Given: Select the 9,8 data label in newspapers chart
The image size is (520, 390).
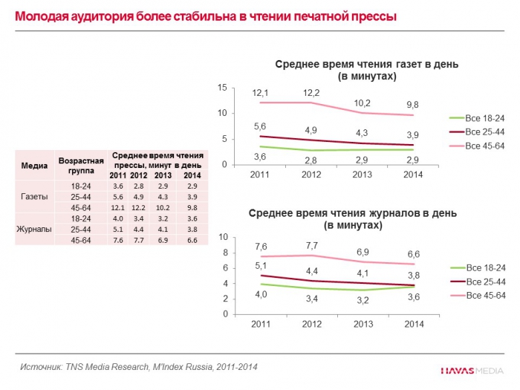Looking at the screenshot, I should pyautogui.click(x=413, y=105).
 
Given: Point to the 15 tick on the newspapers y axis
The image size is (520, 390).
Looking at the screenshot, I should pyautogui.click(x=221, y=88).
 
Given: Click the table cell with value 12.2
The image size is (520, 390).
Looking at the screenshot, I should pyautogui.click(x=138, y=207).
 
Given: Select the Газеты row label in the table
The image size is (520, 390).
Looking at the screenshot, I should pyautogui.click(x=33, y=196).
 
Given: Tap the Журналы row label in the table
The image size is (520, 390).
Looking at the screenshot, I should pyautogui.click(x=33, y=230).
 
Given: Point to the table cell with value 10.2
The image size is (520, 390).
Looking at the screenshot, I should pyautogui.click(x=162, y=207).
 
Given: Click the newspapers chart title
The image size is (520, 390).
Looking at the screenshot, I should pyautogui.click(x=367, y=70).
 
